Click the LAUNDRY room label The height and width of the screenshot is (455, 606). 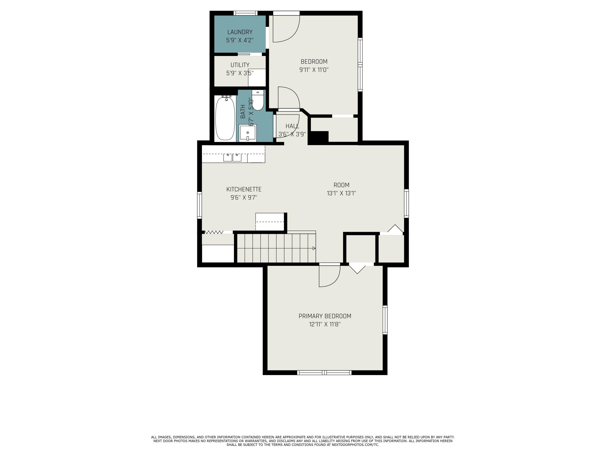240,32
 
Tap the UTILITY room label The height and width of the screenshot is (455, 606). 240,65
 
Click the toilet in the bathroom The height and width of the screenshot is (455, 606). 258,100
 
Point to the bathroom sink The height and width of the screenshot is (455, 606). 248,133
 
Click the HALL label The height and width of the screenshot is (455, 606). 292,126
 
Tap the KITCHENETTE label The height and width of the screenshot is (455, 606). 244,189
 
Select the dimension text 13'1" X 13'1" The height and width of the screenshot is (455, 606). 341,193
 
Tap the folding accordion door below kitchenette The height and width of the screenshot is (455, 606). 214,232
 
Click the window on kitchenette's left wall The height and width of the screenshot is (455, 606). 199,205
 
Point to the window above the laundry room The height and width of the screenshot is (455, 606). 245,13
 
